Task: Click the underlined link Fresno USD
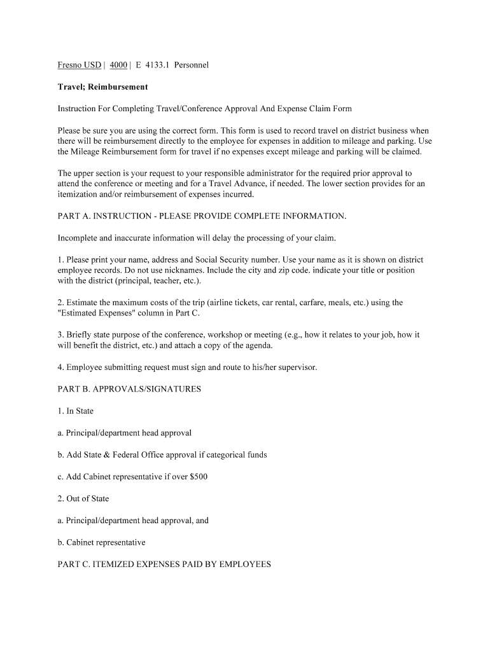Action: click(x=80, y=65)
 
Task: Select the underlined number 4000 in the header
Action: click(x=118, y=65)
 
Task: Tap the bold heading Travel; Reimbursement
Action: click(x=102, y=86)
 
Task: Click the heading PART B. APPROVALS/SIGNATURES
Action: click(x=129, y=389)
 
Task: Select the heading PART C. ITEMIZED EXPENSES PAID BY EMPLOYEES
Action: click(x=164, y=564)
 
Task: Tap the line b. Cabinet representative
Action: click(x=102, y=542)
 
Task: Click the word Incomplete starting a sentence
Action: click(x=78, y=238)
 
